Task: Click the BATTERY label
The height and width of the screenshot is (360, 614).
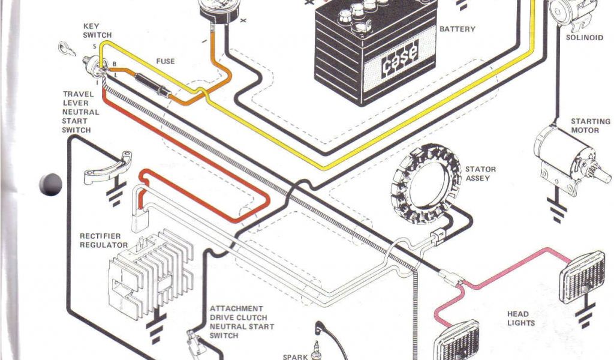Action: (457, 29)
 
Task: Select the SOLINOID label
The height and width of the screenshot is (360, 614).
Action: (585, 38)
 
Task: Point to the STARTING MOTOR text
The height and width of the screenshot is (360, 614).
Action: (590, 125)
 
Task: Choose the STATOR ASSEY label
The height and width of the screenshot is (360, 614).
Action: (480, 174)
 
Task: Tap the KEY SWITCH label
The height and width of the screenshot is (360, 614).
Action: (97, 31)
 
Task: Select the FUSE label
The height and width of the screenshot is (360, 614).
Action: (165, 61)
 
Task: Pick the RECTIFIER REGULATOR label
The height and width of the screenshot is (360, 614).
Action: (104, 240)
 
